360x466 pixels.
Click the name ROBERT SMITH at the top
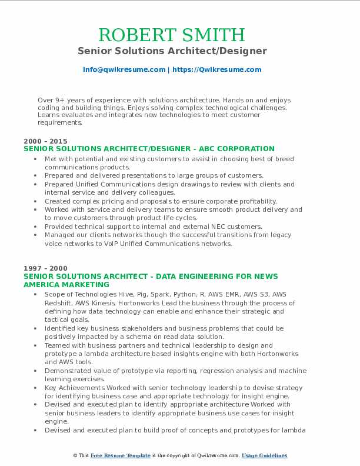(x=172, y=35)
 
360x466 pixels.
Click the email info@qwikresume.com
(x=124, y=69)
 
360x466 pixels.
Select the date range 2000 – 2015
(x=45, y=141)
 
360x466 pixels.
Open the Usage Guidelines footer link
(x=264, y=456)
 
